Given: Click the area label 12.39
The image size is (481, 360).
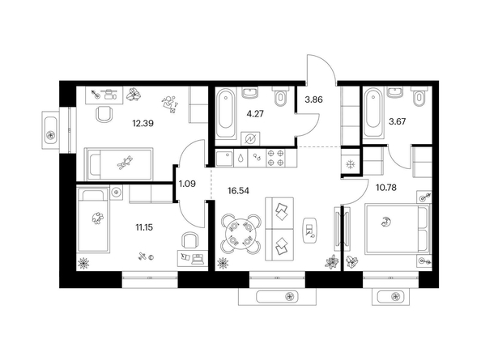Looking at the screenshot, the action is tap(143, 124).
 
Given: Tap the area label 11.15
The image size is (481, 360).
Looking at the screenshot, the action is tap(144, 227).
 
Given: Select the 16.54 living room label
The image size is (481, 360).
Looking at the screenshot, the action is tap(238, 191).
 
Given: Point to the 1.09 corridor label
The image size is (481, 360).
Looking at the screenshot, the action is tap(187, 184).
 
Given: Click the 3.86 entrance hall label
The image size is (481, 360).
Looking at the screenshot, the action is tap(314, 100).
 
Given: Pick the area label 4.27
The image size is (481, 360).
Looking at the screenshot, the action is tap(255, 114).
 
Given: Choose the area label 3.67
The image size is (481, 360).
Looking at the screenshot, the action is tap(398, 121).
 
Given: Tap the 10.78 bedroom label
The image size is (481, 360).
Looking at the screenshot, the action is tap(386, 187).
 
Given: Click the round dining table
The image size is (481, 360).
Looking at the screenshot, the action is tap(241, 234).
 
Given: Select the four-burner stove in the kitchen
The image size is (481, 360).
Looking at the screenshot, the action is tap(275, 158).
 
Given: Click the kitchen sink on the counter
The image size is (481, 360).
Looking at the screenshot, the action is tap(224, 158).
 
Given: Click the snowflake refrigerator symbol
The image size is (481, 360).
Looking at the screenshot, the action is tap(350, 164).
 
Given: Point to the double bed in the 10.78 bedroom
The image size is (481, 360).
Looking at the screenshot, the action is tap(398, 229).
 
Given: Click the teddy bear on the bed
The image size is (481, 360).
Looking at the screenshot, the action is tap(125, 163).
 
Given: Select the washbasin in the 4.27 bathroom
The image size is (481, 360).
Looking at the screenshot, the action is tap(250, 92).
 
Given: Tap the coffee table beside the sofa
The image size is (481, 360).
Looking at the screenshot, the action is tap(310, 231).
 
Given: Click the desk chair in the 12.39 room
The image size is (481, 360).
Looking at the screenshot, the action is tap(104, 114).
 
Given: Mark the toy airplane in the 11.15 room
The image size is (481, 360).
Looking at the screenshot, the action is tap(142, 256).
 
